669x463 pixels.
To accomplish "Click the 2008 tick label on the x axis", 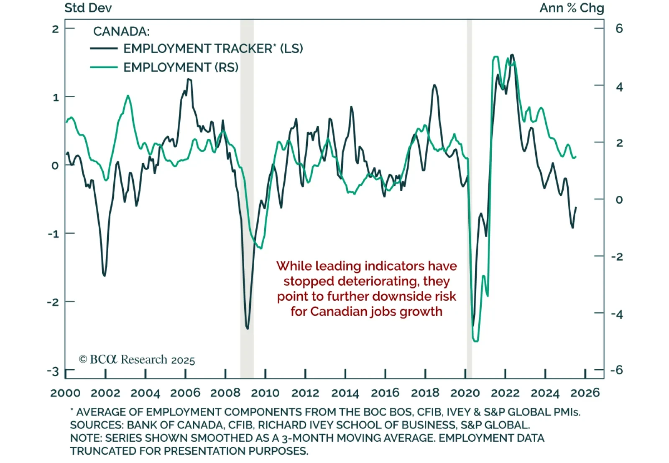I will click(x=225, y=393).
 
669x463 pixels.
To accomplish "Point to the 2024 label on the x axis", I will click(x=545, y=393).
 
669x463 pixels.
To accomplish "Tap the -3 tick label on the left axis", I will click(x=53, y=371).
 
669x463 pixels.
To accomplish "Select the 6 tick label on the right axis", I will click(x=619, y=28).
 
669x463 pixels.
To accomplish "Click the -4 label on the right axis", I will click(x=617, y=314).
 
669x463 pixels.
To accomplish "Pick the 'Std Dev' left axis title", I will click(x=88, y=8).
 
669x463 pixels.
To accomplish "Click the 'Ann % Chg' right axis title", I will click(x=572, y=8).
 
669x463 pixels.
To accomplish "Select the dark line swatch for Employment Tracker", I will click(x=104, y=49).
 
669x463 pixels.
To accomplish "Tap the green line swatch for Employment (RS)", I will click(x=104, y=67).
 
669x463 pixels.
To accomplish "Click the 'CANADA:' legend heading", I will click(x=121, y=31).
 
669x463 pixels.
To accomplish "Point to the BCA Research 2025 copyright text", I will click(x=137, y=360).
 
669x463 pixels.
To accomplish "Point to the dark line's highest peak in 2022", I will click(x=512, y=54).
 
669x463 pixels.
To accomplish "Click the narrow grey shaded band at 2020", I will click(x=469, y=197).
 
